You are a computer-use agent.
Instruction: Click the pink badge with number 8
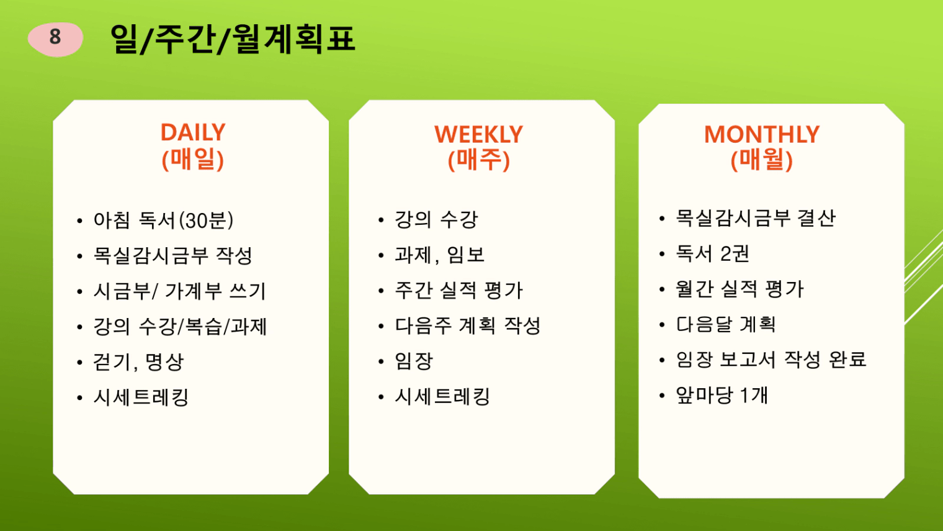pos(55,39)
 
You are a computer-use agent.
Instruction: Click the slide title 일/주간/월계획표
pos(233,39)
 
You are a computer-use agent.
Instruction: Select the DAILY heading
pos(193,132)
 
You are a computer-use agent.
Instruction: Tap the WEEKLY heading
pos(479,134)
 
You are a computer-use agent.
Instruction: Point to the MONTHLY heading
pos(762,134)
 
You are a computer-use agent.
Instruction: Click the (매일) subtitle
pos(193,159)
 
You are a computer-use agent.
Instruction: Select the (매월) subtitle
pos(762,160)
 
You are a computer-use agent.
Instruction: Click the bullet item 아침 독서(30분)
pos(163,220)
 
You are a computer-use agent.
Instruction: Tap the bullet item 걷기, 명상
pos(138,361)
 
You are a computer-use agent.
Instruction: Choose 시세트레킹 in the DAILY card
pos(141,397)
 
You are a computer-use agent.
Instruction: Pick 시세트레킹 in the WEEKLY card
pos(442,396)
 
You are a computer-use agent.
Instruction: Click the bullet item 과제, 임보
pos(439,255)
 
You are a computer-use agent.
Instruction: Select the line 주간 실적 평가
pos(458,290)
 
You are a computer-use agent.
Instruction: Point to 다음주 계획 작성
pos(467,325)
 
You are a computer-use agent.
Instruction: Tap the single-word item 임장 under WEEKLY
pos(413,361)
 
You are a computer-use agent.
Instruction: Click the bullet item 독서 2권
pos(712,253)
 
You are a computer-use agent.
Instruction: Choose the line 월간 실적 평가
pos(740,289)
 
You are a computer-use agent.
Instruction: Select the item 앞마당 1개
pos(722,395)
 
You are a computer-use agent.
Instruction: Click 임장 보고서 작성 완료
pos(771,360)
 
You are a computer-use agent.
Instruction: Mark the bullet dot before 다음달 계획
pos(662,325)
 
